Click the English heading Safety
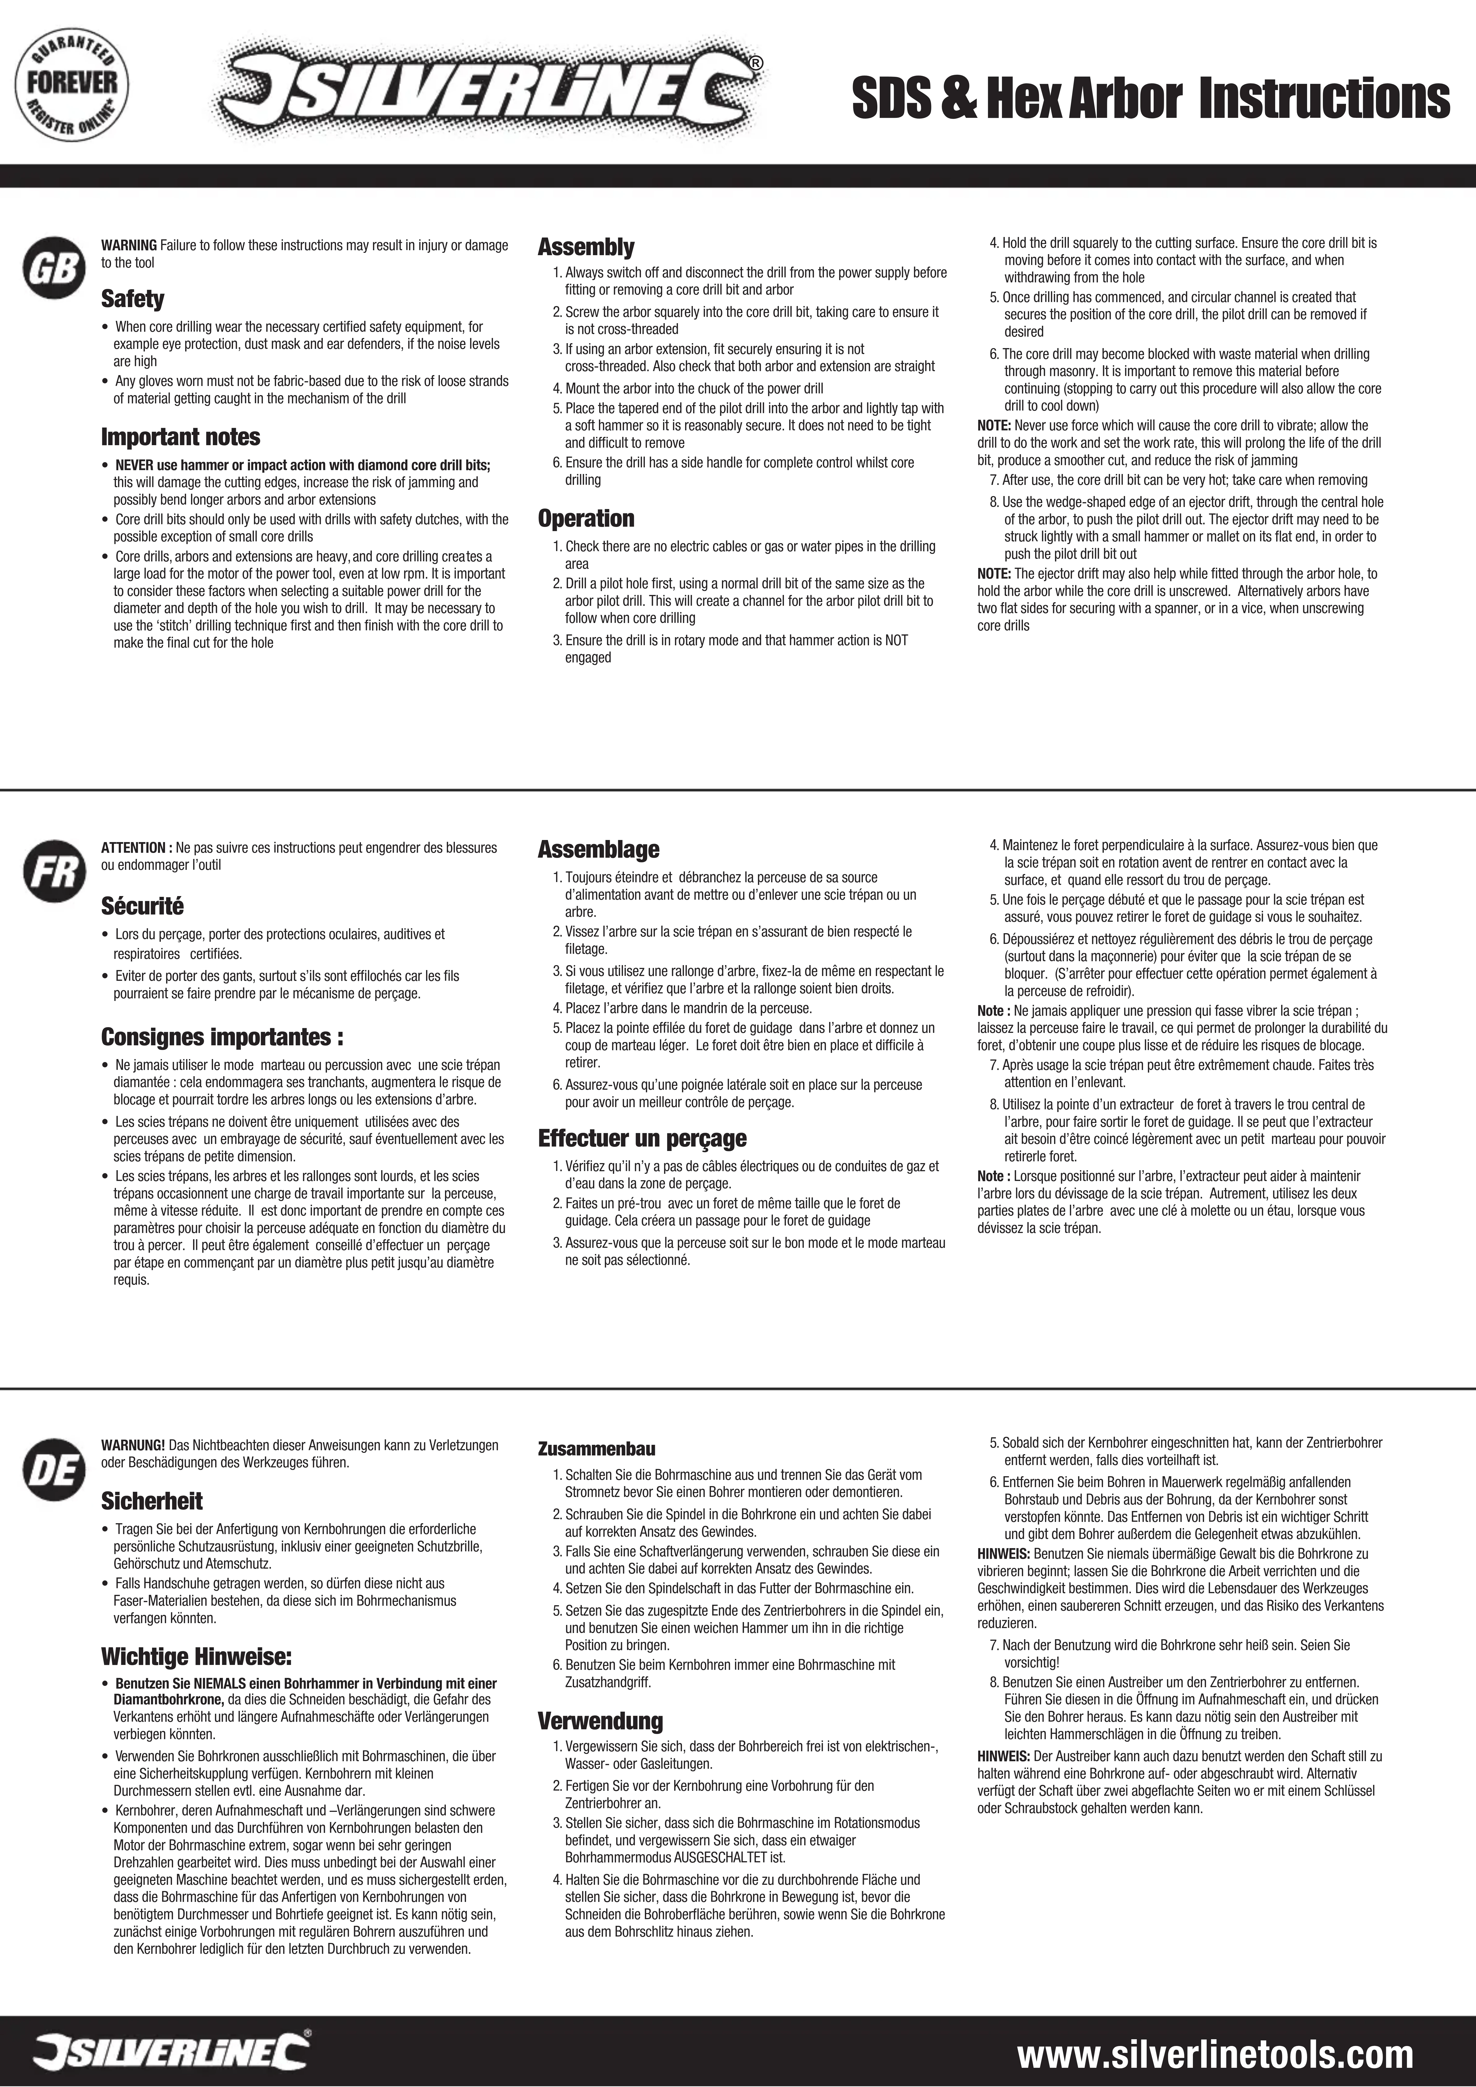(x=133, y=298)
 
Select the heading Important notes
(x=181, y=437)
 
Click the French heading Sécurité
(x=143, y=906)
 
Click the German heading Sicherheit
(x=152, y=1501)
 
